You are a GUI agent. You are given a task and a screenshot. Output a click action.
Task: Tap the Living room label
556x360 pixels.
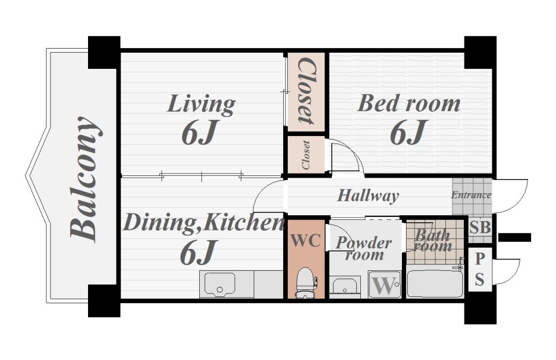coord(201,104)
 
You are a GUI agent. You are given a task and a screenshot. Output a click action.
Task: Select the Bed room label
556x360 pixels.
coord(409,104)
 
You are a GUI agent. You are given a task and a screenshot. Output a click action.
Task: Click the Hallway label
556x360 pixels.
coord(368,196)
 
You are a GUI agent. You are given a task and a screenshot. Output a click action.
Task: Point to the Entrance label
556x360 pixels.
coord(471,195)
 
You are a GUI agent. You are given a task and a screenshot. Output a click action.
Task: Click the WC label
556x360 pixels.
coord(306,241)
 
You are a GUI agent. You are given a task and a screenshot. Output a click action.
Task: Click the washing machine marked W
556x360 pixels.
coord(385,285)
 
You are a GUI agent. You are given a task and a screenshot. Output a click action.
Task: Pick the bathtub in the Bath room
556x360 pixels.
coord(435,284)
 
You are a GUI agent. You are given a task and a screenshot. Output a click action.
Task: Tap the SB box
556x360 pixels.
coord(480,227)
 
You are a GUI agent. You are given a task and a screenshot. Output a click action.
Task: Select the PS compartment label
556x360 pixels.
coord(480,269)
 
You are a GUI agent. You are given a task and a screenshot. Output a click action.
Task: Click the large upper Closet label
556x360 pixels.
coord(306,91)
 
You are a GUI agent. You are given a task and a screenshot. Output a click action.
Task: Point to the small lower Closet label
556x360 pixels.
coord(306,155)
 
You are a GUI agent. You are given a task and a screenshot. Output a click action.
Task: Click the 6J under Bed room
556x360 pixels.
coord(408,132)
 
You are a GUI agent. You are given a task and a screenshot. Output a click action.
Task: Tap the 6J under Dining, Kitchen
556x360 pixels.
coord(198,252)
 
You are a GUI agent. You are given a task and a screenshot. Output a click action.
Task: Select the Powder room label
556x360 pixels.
coord(364,248)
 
